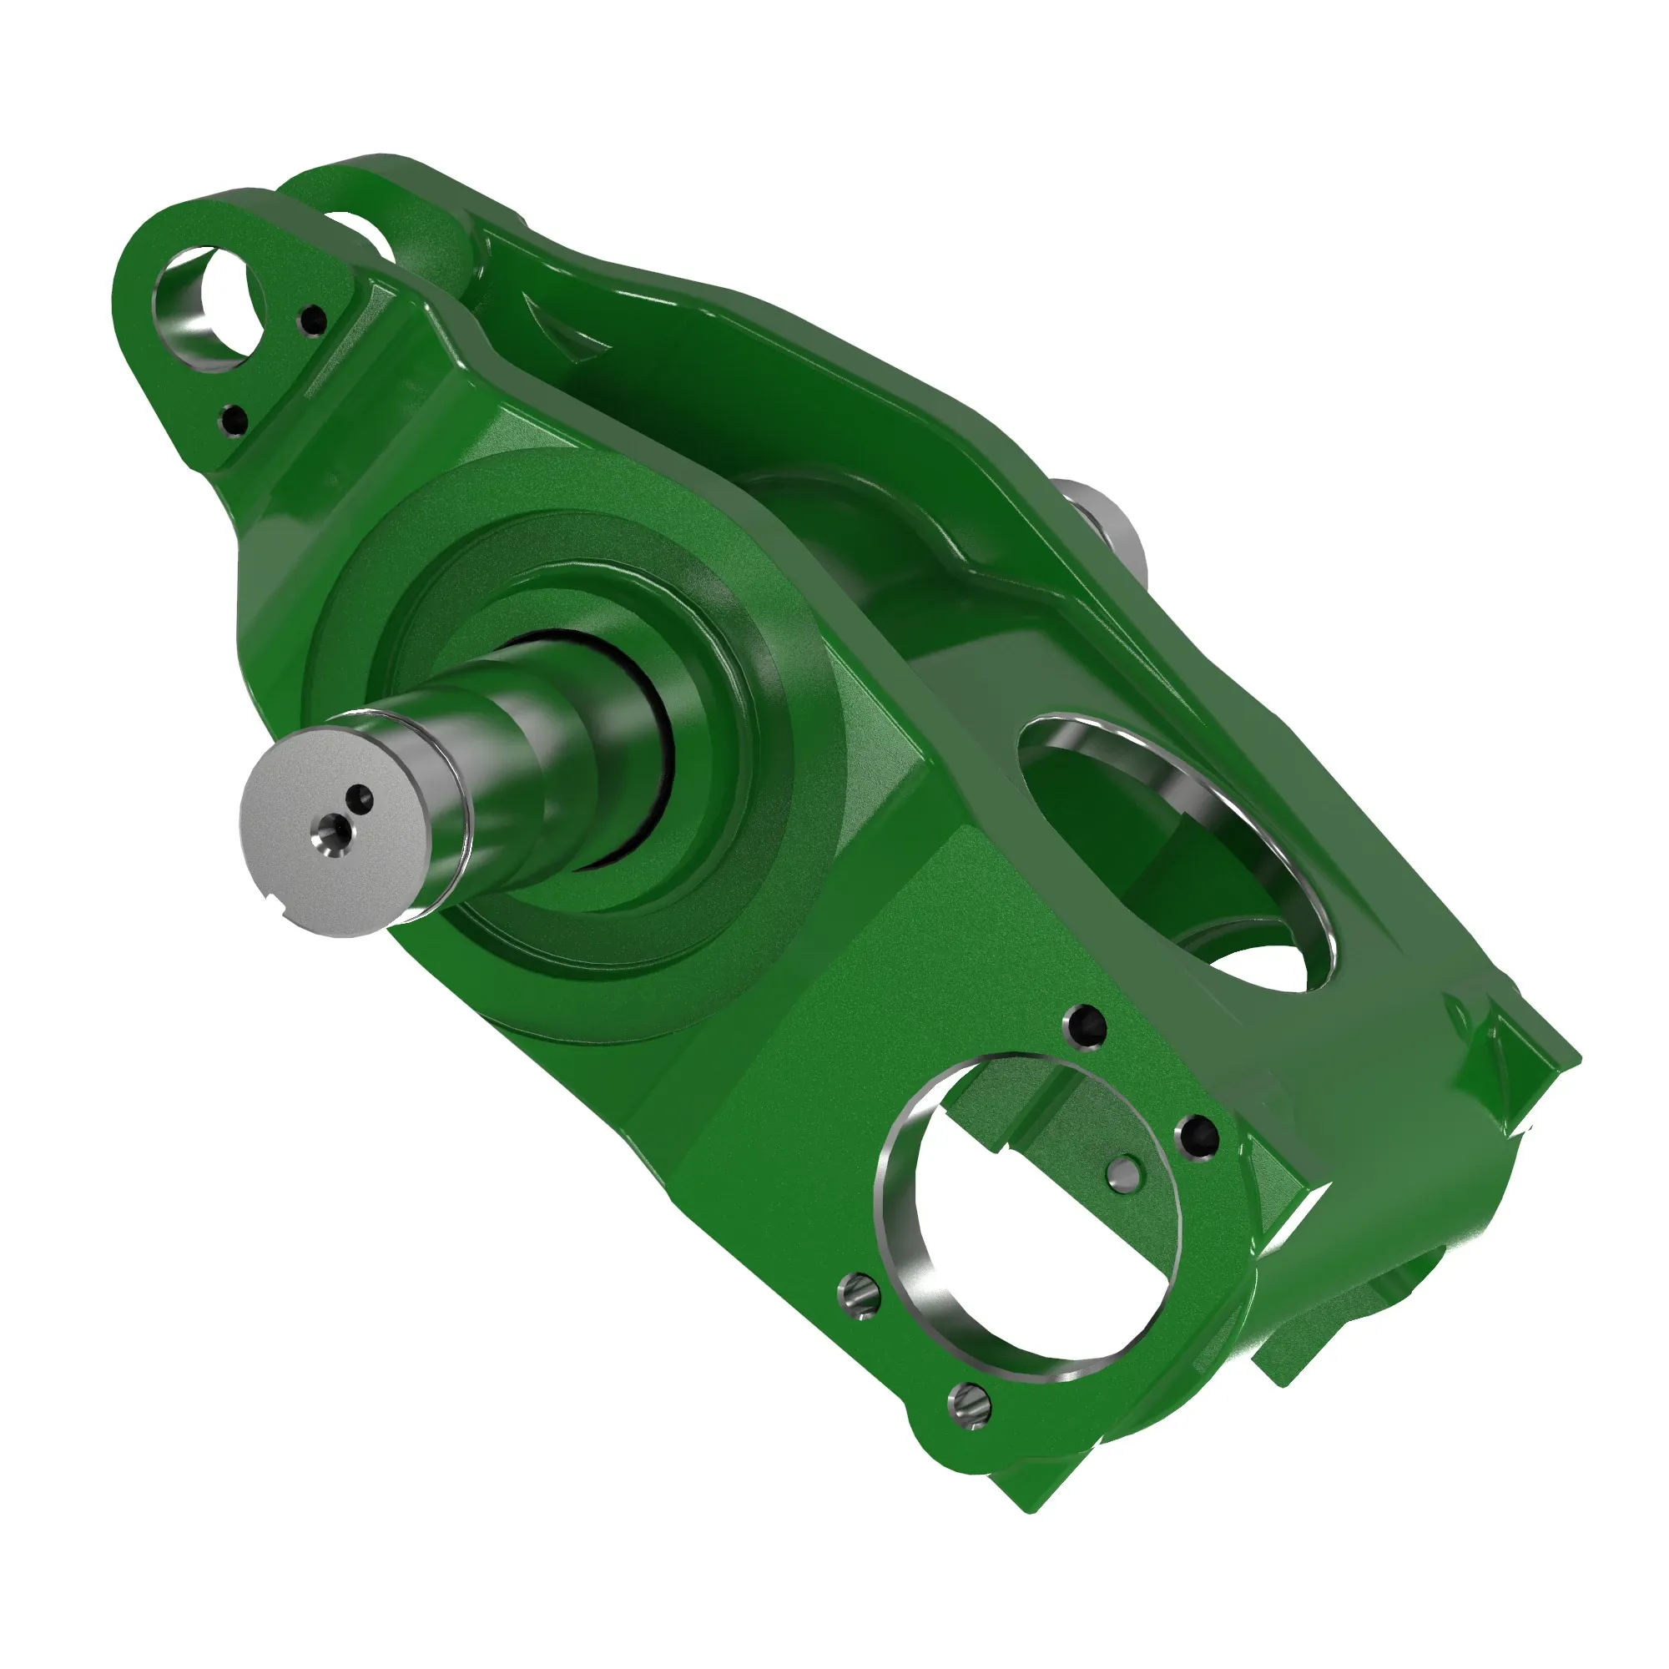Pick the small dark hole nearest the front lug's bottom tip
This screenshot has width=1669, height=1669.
click(x=234, y=421)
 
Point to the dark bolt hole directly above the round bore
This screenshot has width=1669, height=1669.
click(x=1086, y=1026)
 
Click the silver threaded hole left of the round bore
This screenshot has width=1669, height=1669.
click(x=860, y=1294)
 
